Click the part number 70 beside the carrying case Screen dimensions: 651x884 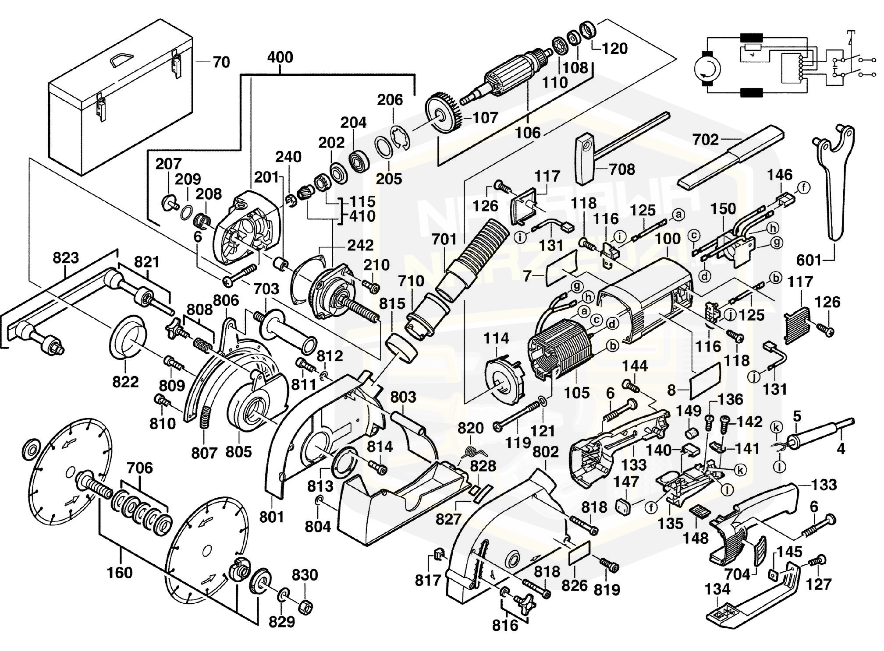point(221,62)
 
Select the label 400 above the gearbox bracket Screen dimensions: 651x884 point(280,57)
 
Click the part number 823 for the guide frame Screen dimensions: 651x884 point(65,258)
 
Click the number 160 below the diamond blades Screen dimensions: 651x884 point(120,573)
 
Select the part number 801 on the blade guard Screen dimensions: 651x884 point(272,517)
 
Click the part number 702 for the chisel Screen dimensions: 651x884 point(706,140)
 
